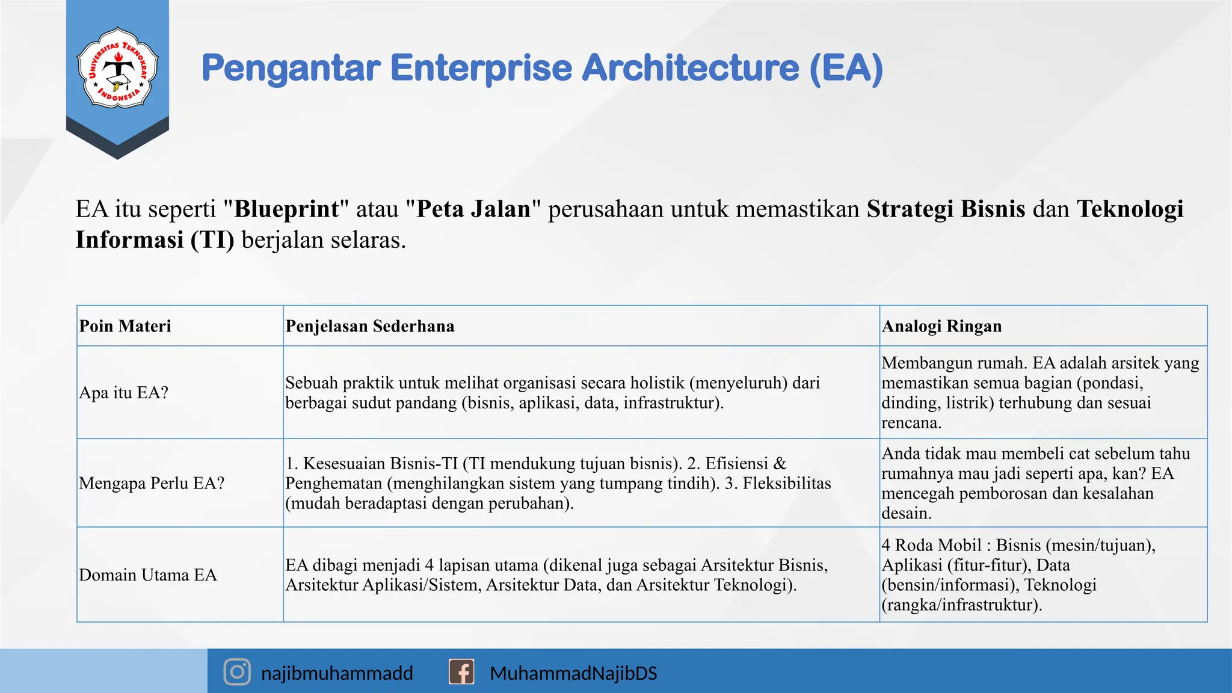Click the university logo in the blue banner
(x=117, y=68)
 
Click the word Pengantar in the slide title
(x=291, y=68)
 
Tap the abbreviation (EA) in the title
(x=846, y=68)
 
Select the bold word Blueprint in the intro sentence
(x=286, y=209)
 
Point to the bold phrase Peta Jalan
(x=473, y=209)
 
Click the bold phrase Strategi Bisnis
(x=946, y=209)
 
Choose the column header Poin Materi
(x=125, y=326)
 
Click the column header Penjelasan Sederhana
(x=370, y=326)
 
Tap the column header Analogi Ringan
(x=941, y=326)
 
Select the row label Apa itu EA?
(x=124, y=393)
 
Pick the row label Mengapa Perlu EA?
(x=152, y=484)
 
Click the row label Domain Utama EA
(x=148, y=575)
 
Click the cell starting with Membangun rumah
(x=1040, y=392)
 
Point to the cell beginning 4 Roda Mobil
(x=1018, y=574)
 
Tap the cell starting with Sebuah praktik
(x=552, y=392)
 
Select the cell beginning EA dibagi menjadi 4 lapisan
(x=556, y=574)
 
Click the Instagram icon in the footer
(x=237, y=672)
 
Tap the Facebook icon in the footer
(x=461, y=672)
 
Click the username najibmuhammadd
(x=337, y=673)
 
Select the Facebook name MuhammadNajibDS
(x=573, y=673)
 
